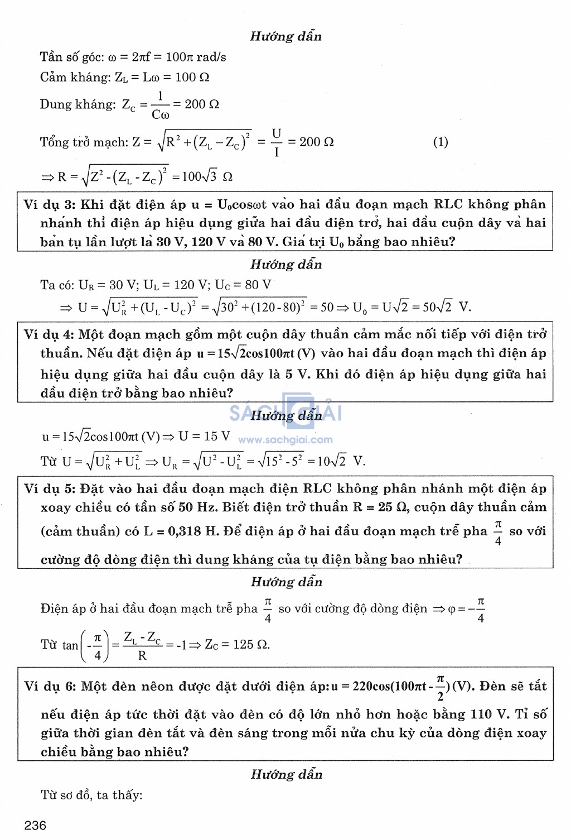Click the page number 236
(x=35, y=825)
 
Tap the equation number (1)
(x=441, y=142)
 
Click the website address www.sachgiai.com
(x=285, y=440)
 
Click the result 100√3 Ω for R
(x=207, y=177)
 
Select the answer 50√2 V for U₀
(x=447, y=307)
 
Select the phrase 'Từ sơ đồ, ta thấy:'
(x=91, y=795)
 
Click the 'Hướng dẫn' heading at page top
(x=285, y=36)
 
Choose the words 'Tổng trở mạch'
(x=84, y=142)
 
